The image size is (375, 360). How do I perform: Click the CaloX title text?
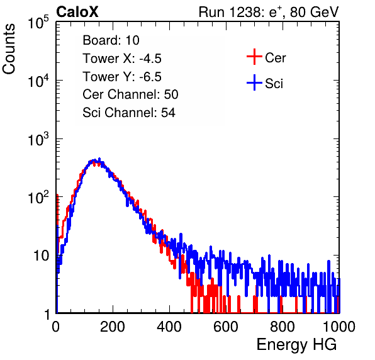(x=77, y=12)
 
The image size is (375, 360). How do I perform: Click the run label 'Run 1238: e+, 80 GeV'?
(x=269, y=12)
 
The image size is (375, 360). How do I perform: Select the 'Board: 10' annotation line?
(x=111, y=40)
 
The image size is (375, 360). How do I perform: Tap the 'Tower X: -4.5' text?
(x=122, y=59)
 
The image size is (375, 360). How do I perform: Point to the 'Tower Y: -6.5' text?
(x=122, y=77)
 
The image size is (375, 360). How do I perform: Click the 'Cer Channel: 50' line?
(x=130, y=94)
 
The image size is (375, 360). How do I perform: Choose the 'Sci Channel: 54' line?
(x=129, y=113)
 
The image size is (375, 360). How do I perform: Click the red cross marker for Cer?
(x=254, y=57)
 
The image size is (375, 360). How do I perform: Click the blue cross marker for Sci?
(x=254, y=82)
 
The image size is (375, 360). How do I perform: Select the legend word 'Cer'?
(x=275, y=58)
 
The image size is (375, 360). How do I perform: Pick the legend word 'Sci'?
(x=274, y=84)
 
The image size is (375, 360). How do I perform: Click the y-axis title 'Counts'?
(x=9, y=49)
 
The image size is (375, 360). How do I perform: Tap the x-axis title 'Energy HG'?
(x=296, y=345)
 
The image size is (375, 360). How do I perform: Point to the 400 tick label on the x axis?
(x=169, y=327)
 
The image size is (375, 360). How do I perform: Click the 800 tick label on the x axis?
(x=283, y=327)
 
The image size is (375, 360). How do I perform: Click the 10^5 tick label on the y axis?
(x=38, y=23)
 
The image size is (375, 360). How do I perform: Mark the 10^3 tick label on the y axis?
(x=38, y=139)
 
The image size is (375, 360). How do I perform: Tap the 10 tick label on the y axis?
(x=42, y=256)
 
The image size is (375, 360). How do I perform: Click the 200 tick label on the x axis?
(x=113, y=327)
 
